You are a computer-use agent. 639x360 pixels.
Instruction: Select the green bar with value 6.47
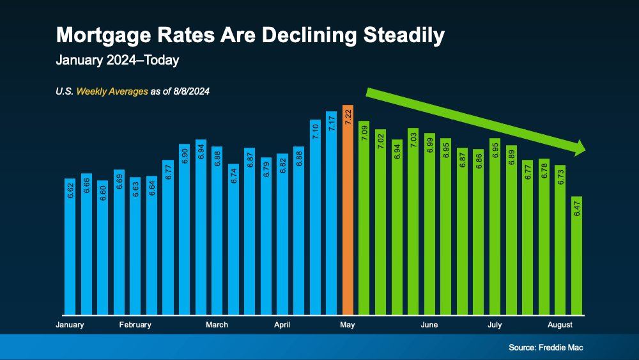click(577, 256)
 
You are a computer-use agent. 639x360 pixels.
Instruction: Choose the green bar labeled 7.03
click(413, 221)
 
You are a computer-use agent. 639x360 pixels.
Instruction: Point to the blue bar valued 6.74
click(233, 239)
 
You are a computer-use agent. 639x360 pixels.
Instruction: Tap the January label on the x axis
click(70, 325)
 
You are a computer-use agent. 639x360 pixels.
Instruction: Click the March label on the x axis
click(217, 325)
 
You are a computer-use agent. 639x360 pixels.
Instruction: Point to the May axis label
click(348, 325)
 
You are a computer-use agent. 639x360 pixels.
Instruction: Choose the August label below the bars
click(560, 325)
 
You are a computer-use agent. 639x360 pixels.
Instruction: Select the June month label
click(429, 325)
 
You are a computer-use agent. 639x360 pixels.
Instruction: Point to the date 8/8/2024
click(190, 91)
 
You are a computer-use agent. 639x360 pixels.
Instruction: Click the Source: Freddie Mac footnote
click(546, 348)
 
